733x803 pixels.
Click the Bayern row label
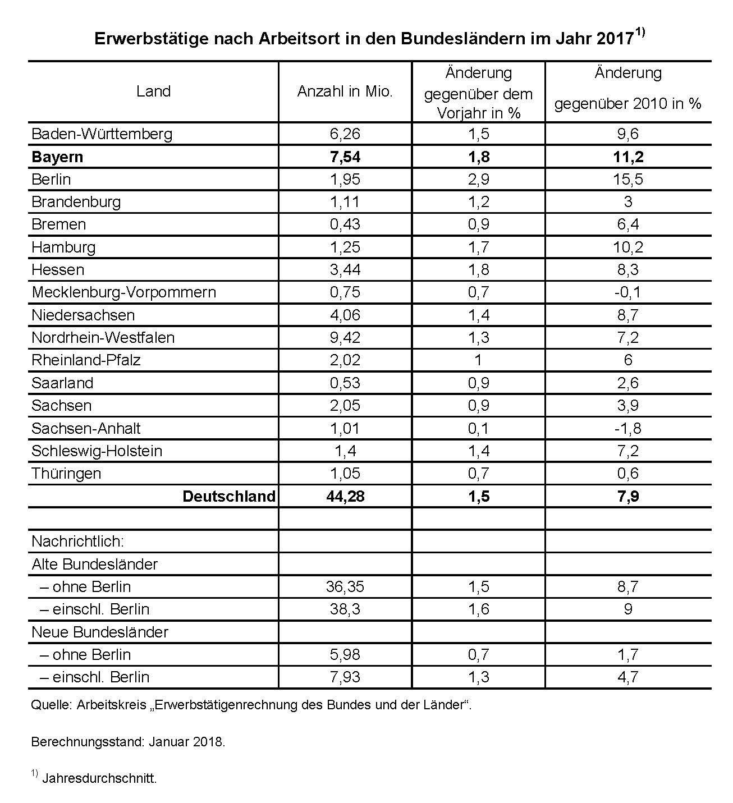click(57, 157)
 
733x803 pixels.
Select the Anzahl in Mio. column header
click(345, 91)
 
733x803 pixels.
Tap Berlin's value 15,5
click(627, 180)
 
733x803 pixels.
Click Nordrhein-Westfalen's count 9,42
click(345, 338)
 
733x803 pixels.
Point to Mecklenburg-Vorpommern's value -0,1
click(627, 292)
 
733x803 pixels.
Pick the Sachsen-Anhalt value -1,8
click(627, 429)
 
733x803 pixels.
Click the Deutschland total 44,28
click(345, 497)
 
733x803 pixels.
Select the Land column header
click(153, 91)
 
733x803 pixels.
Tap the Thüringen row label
click(66, 474)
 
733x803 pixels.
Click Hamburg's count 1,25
click(345, 247)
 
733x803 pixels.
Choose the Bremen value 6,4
click(627, 224)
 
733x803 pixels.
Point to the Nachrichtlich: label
click(77, 542)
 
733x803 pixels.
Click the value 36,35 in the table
click(345, 587)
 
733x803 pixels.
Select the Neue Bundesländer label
click(100, 632)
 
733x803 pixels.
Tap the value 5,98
click(345, 655)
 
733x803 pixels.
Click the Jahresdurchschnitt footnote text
click(99, 779)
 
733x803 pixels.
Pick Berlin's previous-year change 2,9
click(478, 180)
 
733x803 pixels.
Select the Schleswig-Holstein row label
click(97, 451)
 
